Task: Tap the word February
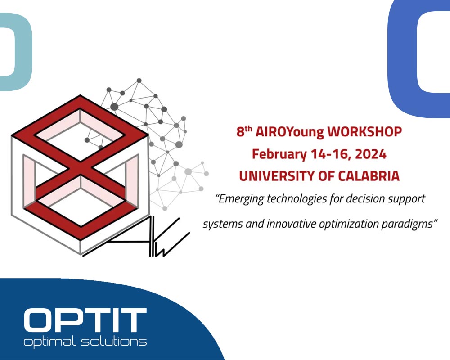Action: tap(279, 154)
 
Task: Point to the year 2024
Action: tap(370, 154)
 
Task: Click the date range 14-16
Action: tap(327, 154)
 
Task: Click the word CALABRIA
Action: tap(368, 176)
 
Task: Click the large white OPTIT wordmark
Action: tap(85, 320)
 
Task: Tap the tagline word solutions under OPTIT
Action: tap(117, 342)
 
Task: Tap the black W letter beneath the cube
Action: tap(162, 243)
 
